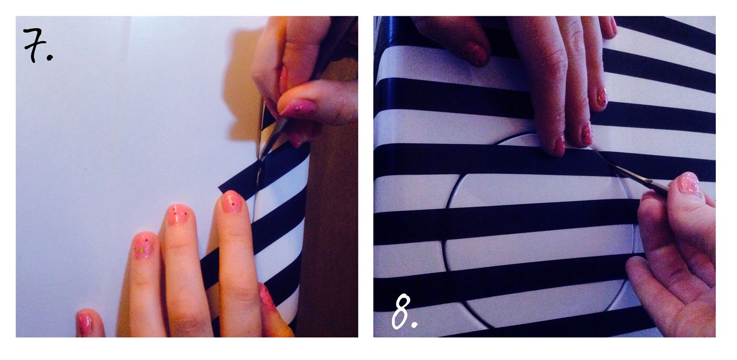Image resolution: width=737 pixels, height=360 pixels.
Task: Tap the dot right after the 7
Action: [x=50, y=58]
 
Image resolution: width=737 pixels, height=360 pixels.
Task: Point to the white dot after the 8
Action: [x=415, y=325]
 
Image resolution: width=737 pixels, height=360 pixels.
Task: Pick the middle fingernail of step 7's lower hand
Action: [x=178, y=214]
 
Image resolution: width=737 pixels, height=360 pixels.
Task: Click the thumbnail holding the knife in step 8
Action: [x=688, y=185]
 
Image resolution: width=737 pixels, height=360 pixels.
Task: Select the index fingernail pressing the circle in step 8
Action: [x=560, y=145]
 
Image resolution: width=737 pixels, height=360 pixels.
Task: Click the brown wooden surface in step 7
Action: [x=332, y=230]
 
